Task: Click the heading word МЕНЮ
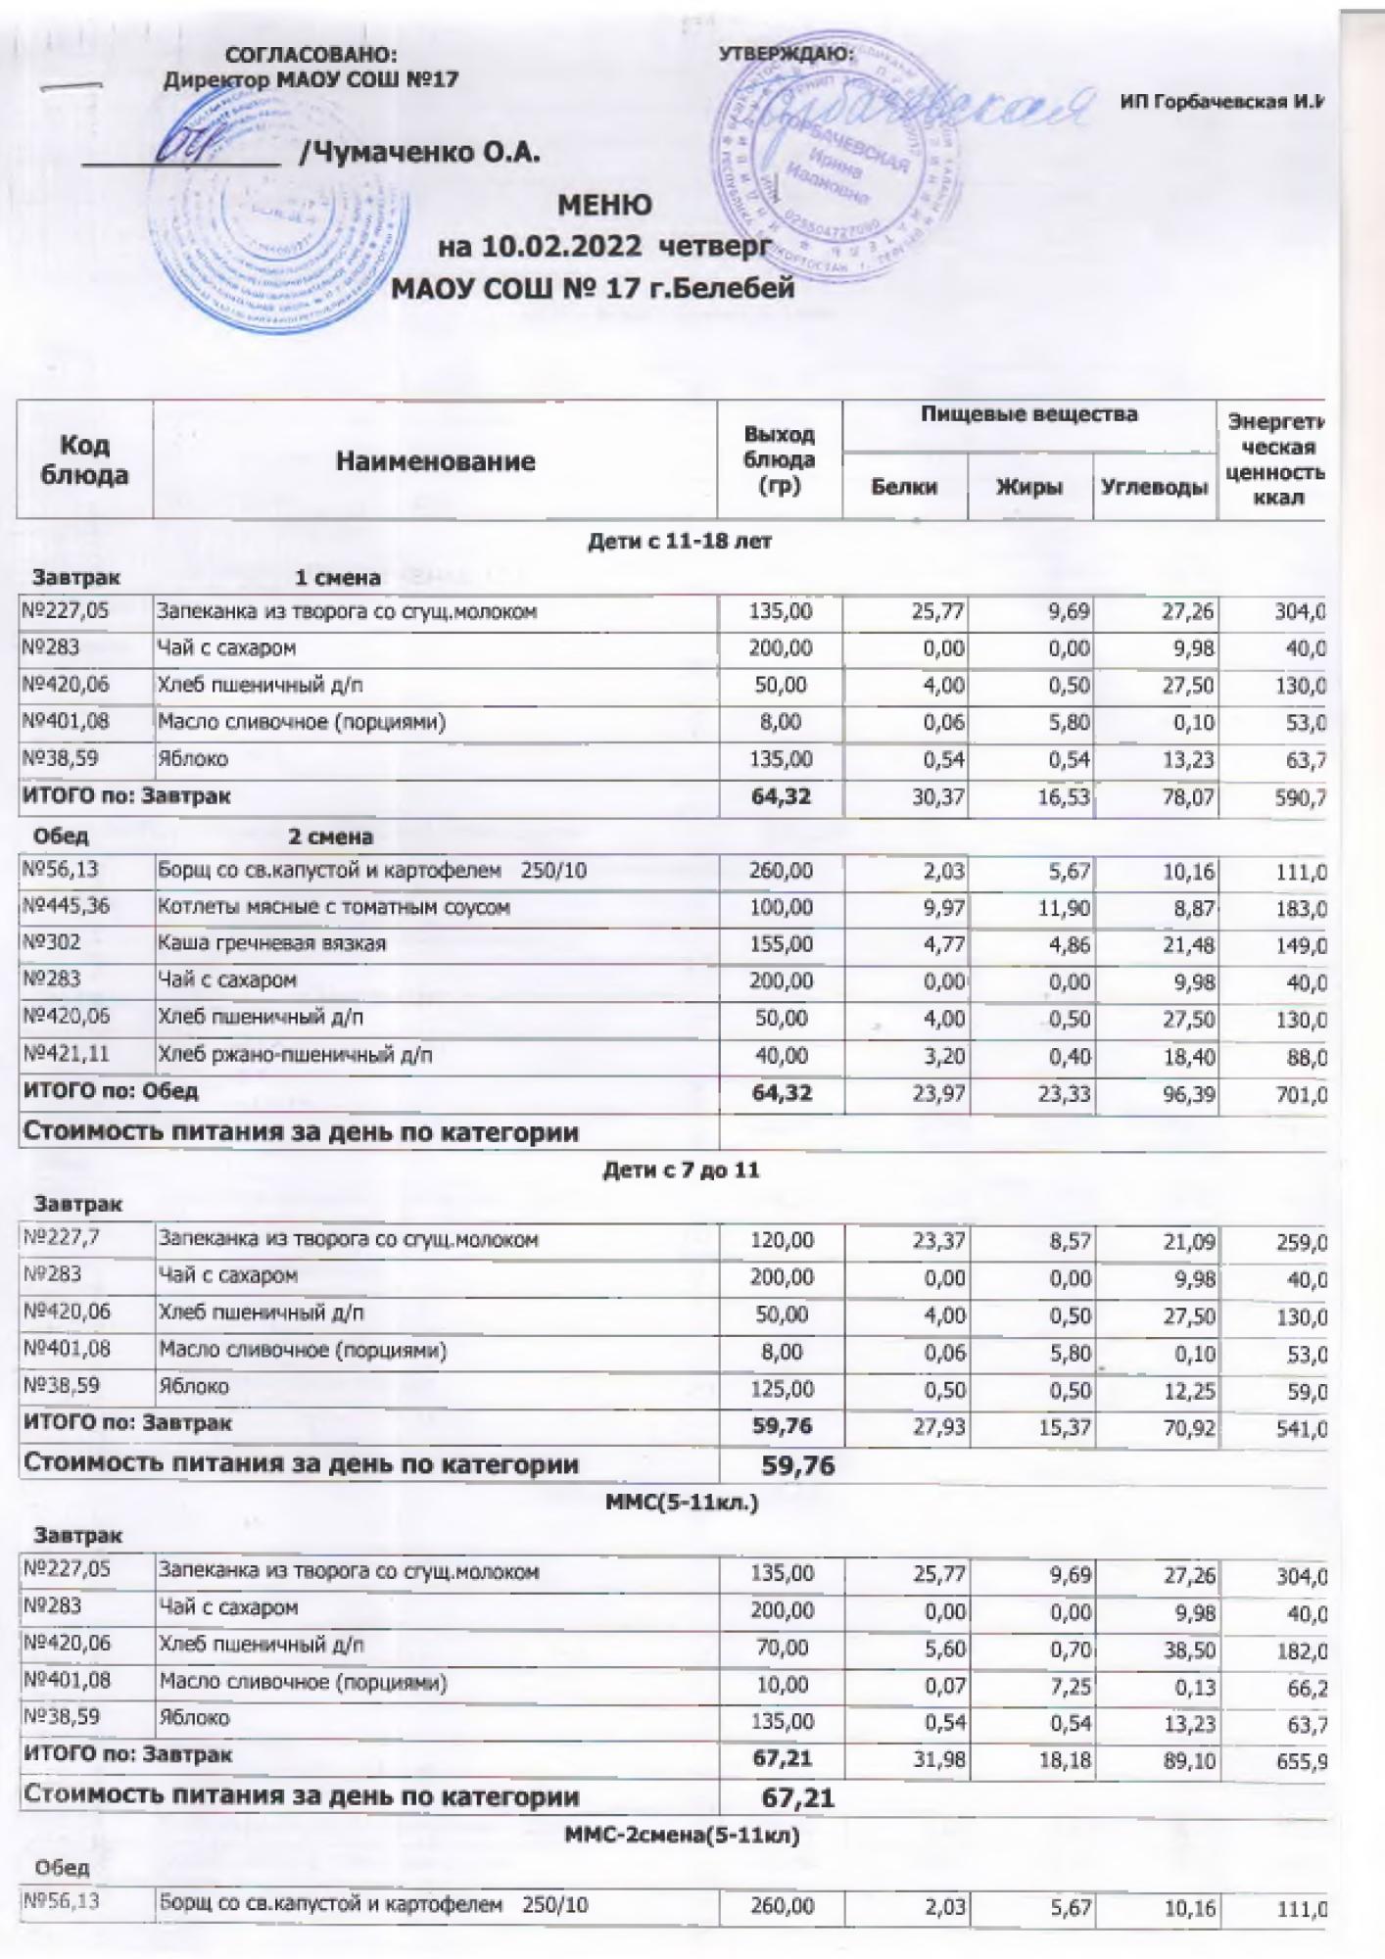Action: (x=604, y=206)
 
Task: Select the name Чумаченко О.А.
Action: (x=422, y=153)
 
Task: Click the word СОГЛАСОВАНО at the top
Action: (x=311, y=55)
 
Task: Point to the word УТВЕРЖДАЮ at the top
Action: (x=786, y=55)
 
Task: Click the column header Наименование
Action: (x=435, y=461)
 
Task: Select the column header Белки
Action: (x=904, y=487)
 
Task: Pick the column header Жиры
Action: (x=1029, y=487)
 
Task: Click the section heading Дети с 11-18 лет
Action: (x=680, y=541)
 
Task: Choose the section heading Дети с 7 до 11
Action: (x=680, y=1170)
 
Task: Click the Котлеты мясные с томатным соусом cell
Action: (x=334, y=907)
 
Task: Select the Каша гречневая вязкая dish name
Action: (x=272, y=943)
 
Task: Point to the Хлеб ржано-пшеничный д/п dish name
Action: (x=295, y=1055)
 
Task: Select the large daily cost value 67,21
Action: (x=798, y=1797)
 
